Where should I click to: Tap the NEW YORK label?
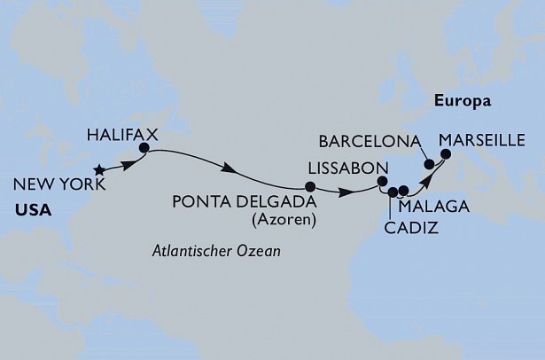(x=59, y=185)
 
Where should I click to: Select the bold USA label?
(x=31, y=212)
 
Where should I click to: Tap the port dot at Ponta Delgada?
(x=309, y=186)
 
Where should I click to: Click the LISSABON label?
(x=346, y=168)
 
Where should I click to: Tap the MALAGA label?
(x=428, y=208)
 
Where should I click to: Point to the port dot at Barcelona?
(x=429, y=163)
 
